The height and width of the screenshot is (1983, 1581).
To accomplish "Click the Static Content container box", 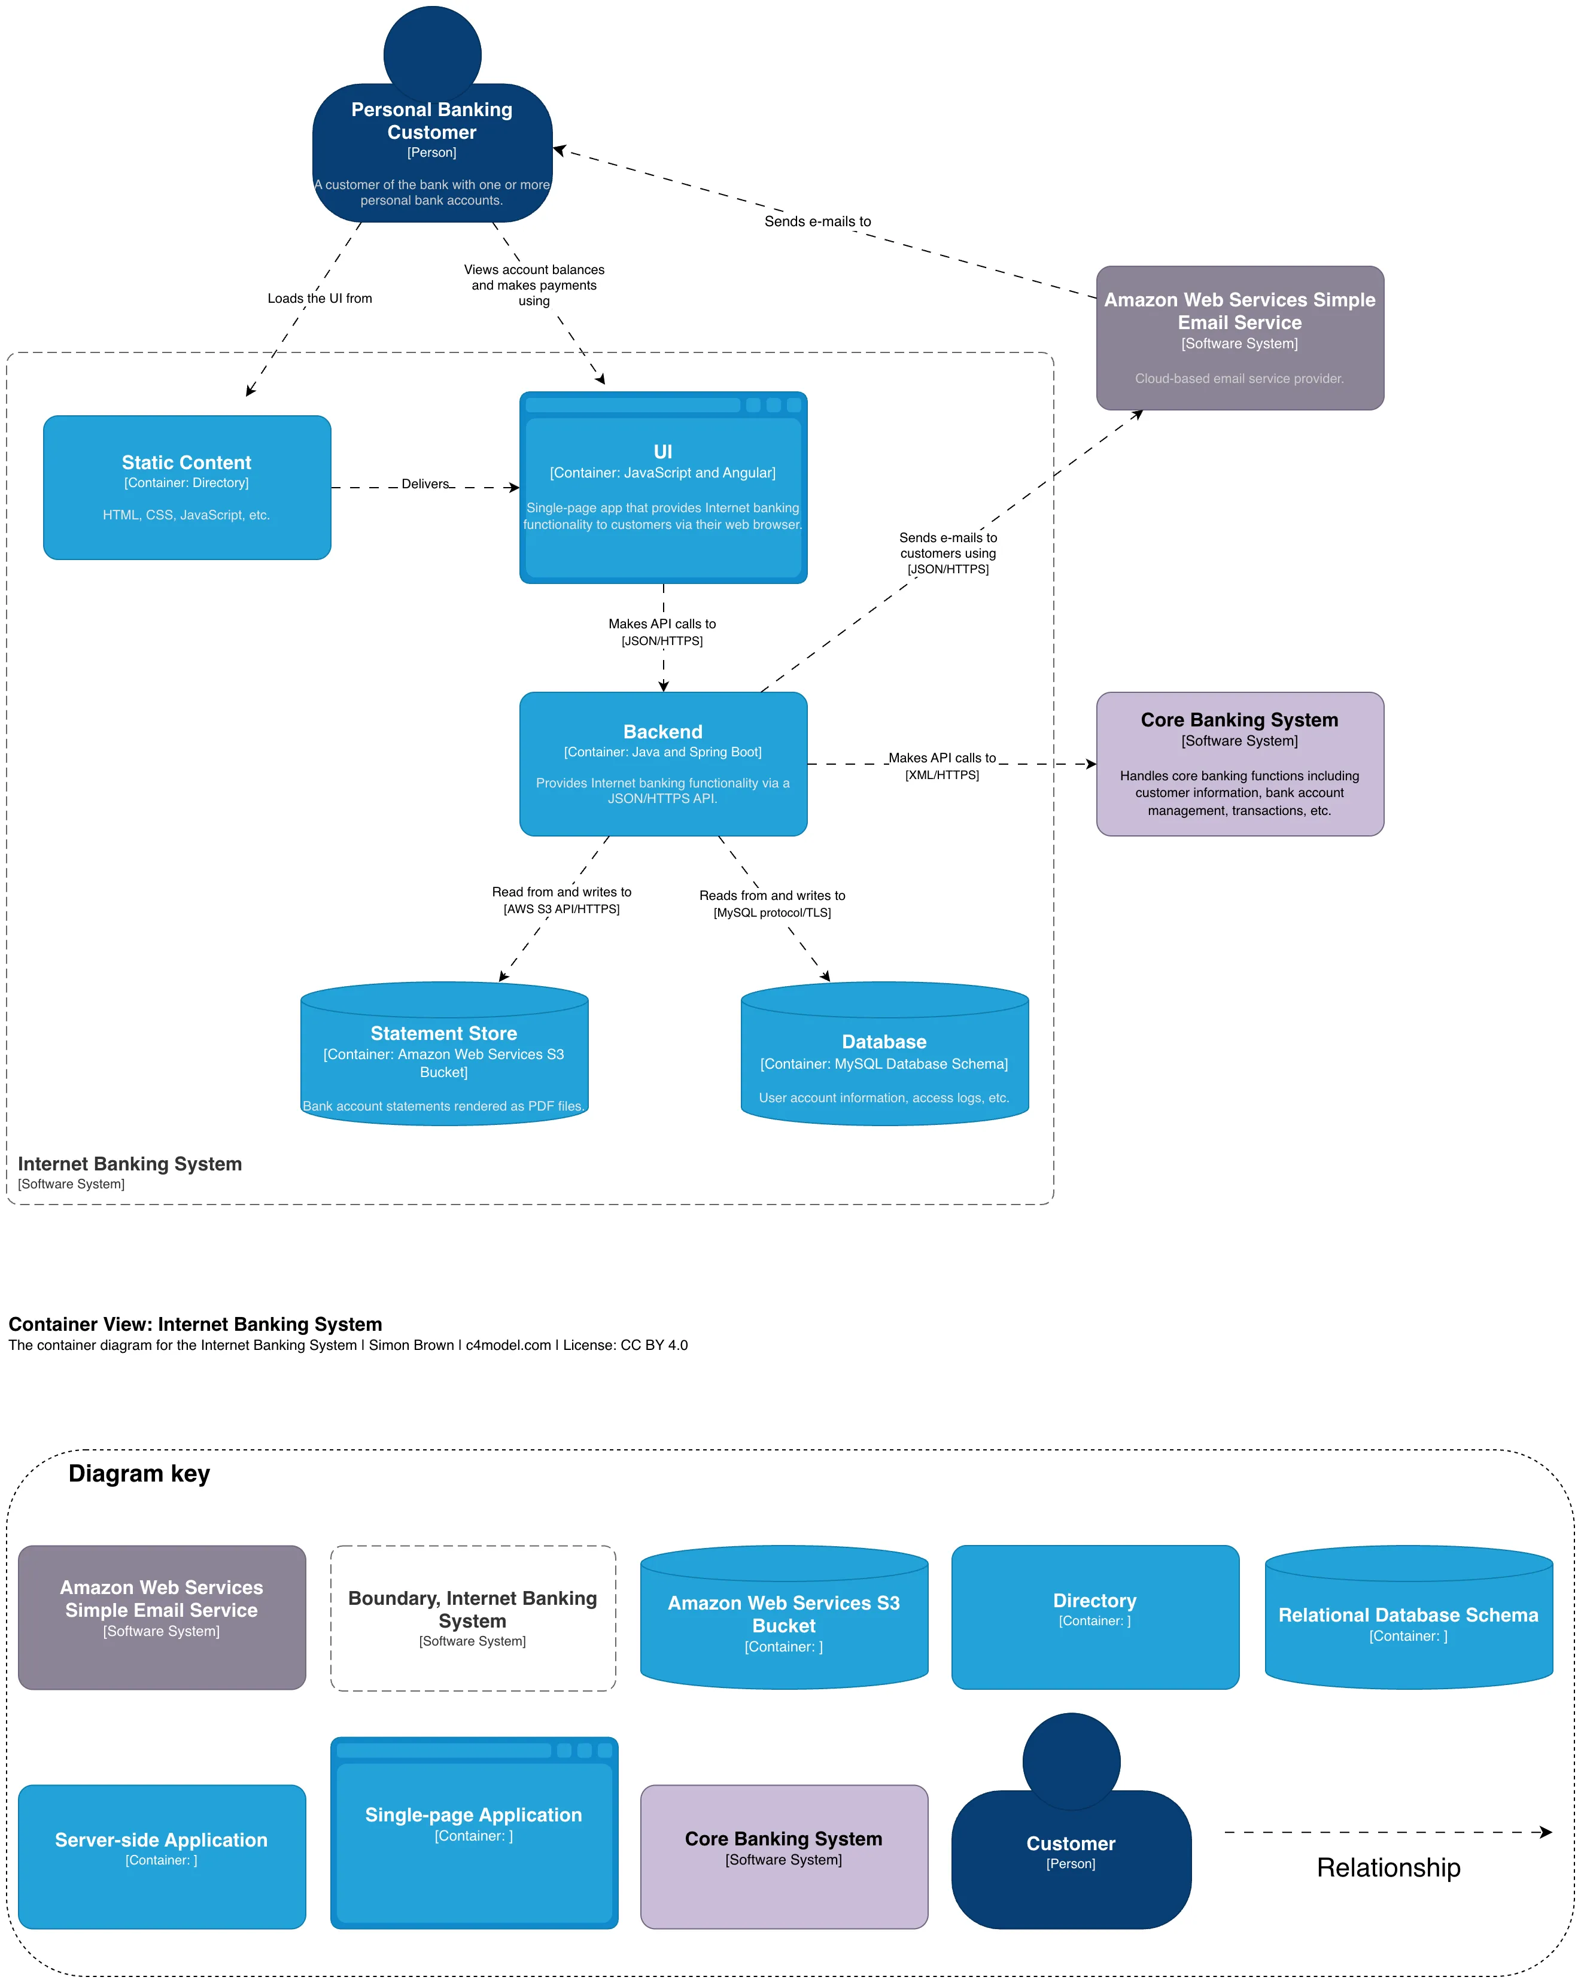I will [x=187, y=488].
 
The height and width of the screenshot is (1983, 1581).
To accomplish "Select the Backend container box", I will [x=663, y=764].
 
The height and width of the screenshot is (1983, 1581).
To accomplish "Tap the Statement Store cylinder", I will [x=444, y=1058].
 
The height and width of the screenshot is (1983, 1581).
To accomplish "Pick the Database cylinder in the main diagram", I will [x=884, y=1058].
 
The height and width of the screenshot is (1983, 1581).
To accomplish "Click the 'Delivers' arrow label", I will [x=425, y=484].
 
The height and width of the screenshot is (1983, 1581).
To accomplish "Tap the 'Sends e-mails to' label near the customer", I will [x=817, y=221].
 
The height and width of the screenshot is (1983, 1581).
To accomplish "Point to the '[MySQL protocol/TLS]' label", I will [x=773, y=913].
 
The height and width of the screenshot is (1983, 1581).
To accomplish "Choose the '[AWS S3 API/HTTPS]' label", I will [x=561, y=909].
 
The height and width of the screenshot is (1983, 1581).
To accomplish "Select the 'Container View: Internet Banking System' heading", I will [x=195, y=1324].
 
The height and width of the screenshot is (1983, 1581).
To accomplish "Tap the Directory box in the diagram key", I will [x=1094, y=1616].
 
